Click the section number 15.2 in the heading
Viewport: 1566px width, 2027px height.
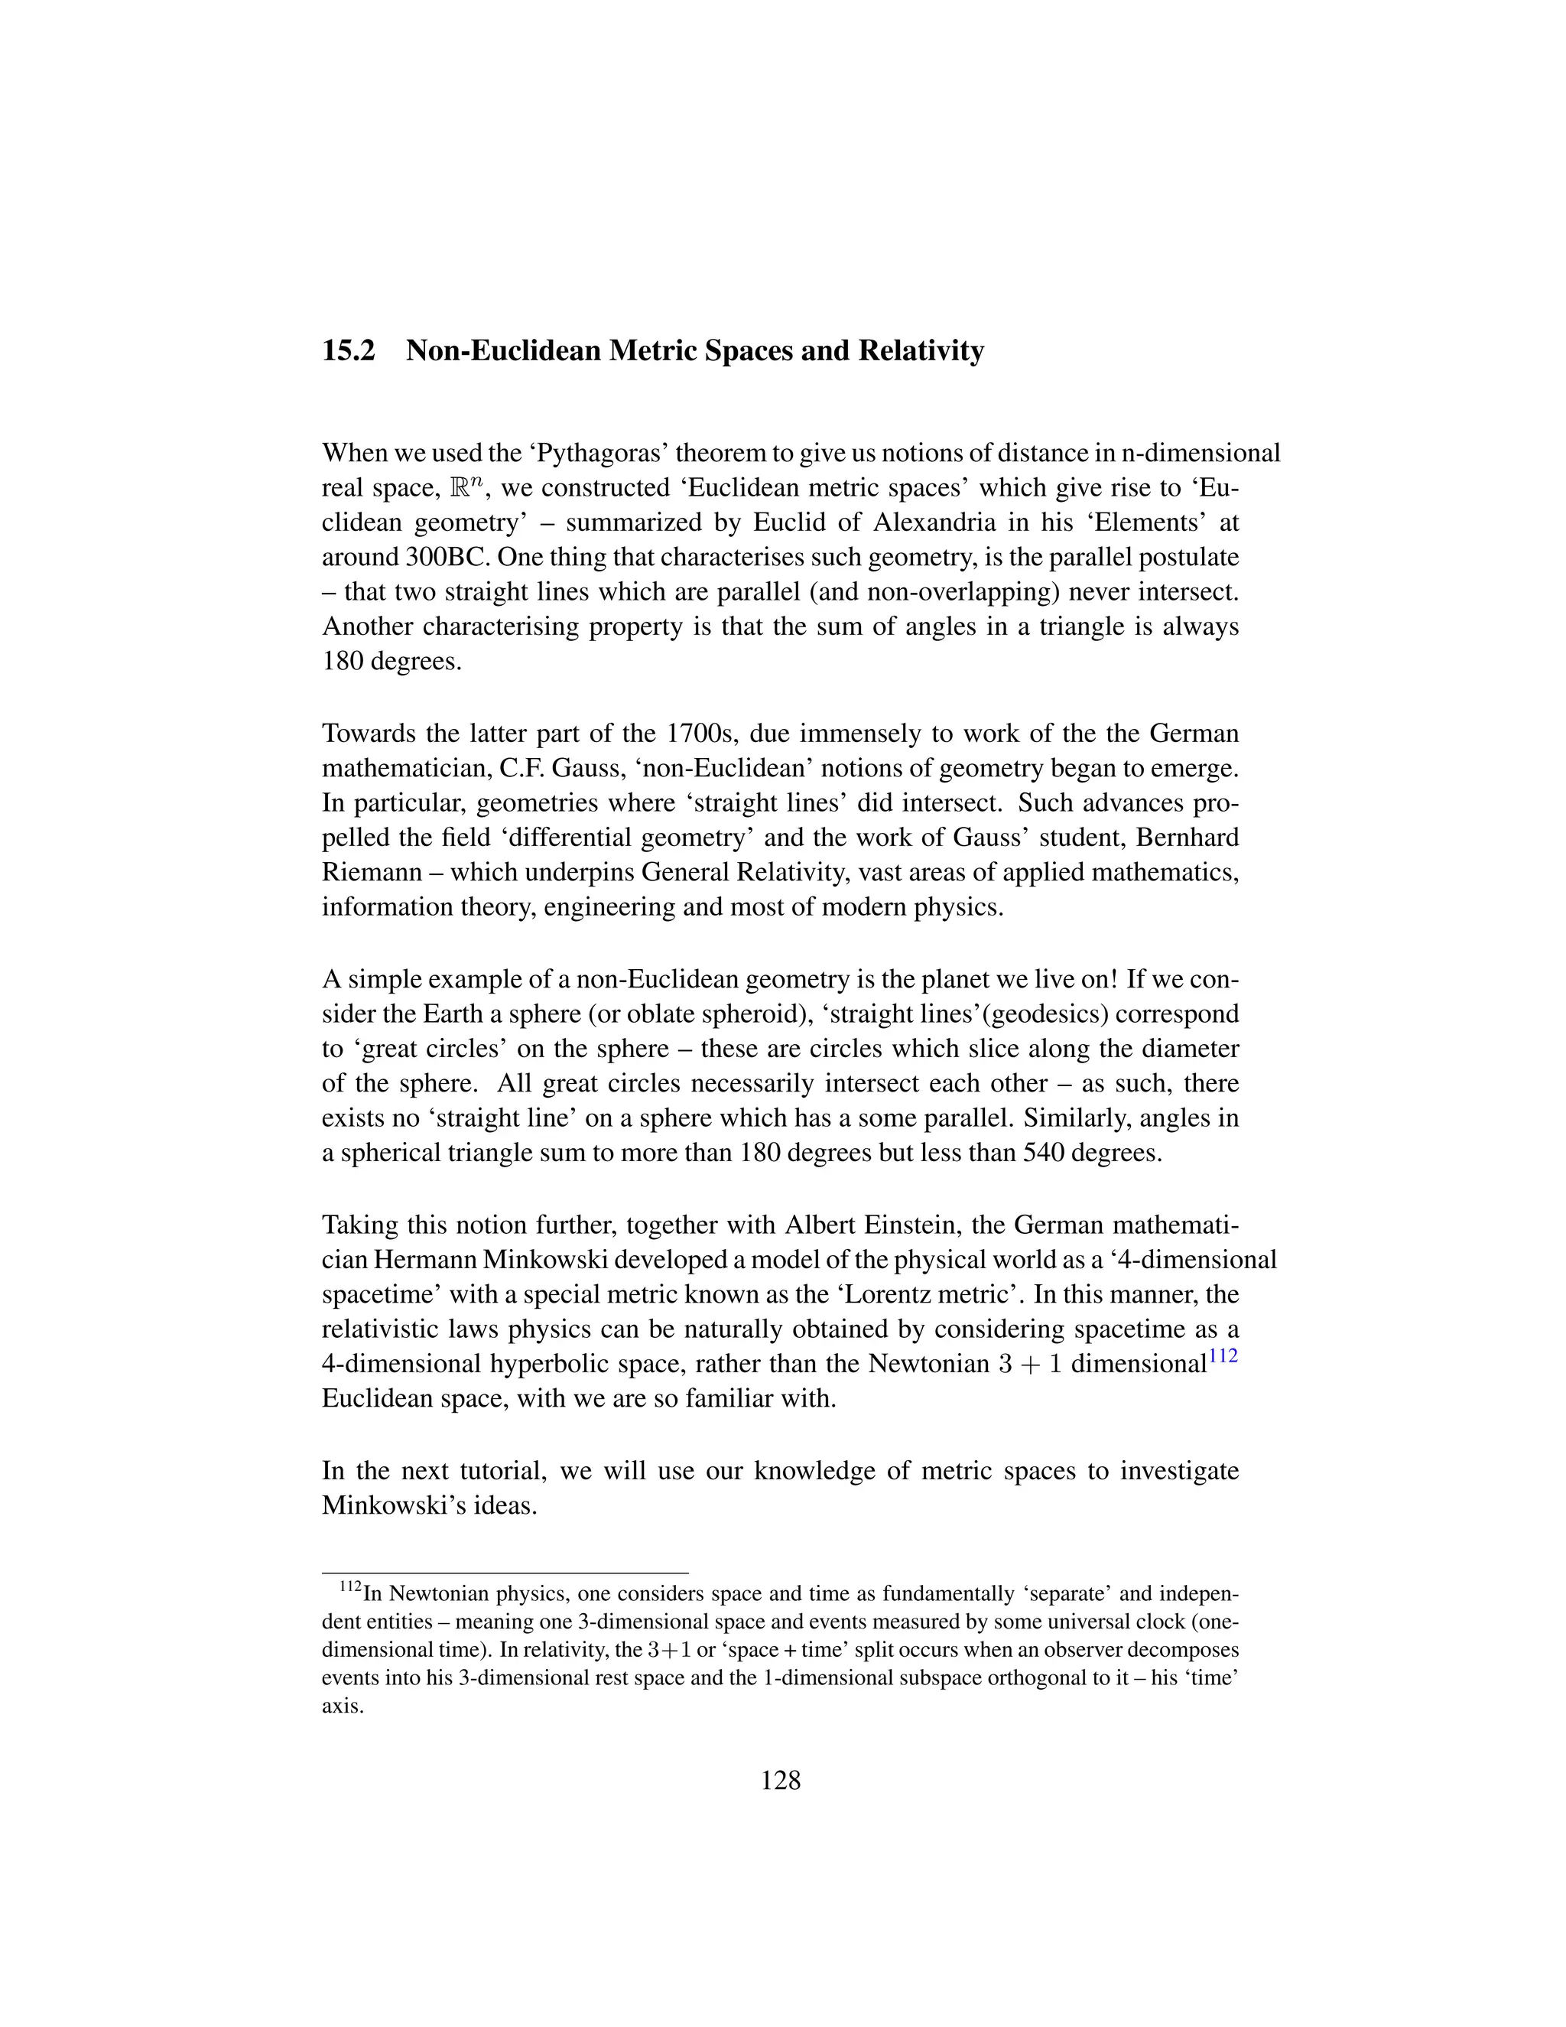pyautogui.click(x=348, y=352)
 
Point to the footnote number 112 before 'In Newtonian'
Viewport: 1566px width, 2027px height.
pyautogui.click(x=349, y=1588)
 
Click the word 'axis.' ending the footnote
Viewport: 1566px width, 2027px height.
pyautogui.click(x=341, y=1707)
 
